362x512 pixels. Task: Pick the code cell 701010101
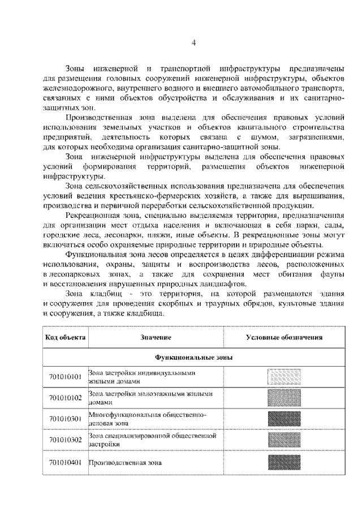[66, 377]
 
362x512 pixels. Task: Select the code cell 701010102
[66, 397]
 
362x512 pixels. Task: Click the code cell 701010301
[66, 419]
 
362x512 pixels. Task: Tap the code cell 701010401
[66, 462]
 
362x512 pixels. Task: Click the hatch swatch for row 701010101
[284, 377]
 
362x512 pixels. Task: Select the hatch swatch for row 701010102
[284, 397]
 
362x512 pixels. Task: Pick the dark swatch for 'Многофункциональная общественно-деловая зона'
[284, 419]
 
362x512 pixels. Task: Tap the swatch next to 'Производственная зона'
[284, 462]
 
